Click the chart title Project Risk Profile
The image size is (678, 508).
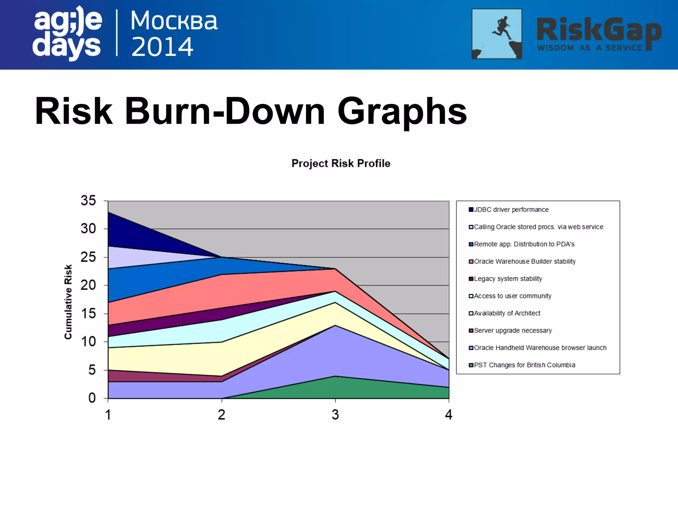(x=341, y=163)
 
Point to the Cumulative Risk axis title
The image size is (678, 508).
(x=68, y=302)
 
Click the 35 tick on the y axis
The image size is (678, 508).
(x=88, y=201)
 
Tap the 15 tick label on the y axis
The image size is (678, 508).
(x=88, y=314)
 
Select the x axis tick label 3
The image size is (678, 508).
(x=335, y=415)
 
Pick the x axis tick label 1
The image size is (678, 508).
(x=108, y=415)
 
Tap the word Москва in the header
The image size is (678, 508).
(x=174, y=21)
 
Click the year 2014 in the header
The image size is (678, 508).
(x=162, y=47)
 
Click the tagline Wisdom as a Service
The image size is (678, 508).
(x=589, y=48)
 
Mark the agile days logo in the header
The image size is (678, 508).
(x=67, y=33)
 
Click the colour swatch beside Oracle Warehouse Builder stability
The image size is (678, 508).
(x=471, y=262)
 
